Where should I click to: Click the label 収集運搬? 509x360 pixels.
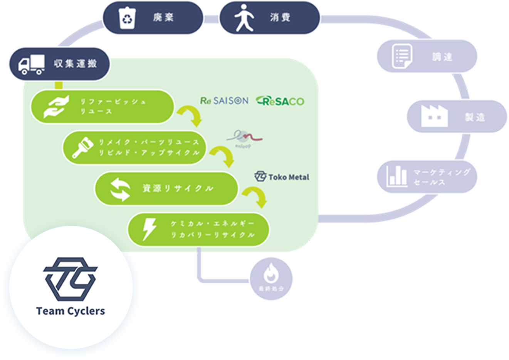point(76,64)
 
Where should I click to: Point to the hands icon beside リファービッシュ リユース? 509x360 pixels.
point(56,107)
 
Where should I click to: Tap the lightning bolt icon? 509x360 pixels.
point(149,229)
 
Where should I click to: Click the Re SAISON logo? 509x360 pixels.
point(224,101)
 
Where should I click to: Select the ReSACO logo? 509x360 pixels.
point(280,101)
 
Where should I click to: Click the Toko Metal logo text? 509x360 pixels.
point(289,177)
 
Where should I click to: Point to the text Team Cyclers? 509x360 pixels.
point(71,311)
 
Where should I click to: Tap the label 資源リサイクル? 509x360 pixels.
point(178,189)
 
